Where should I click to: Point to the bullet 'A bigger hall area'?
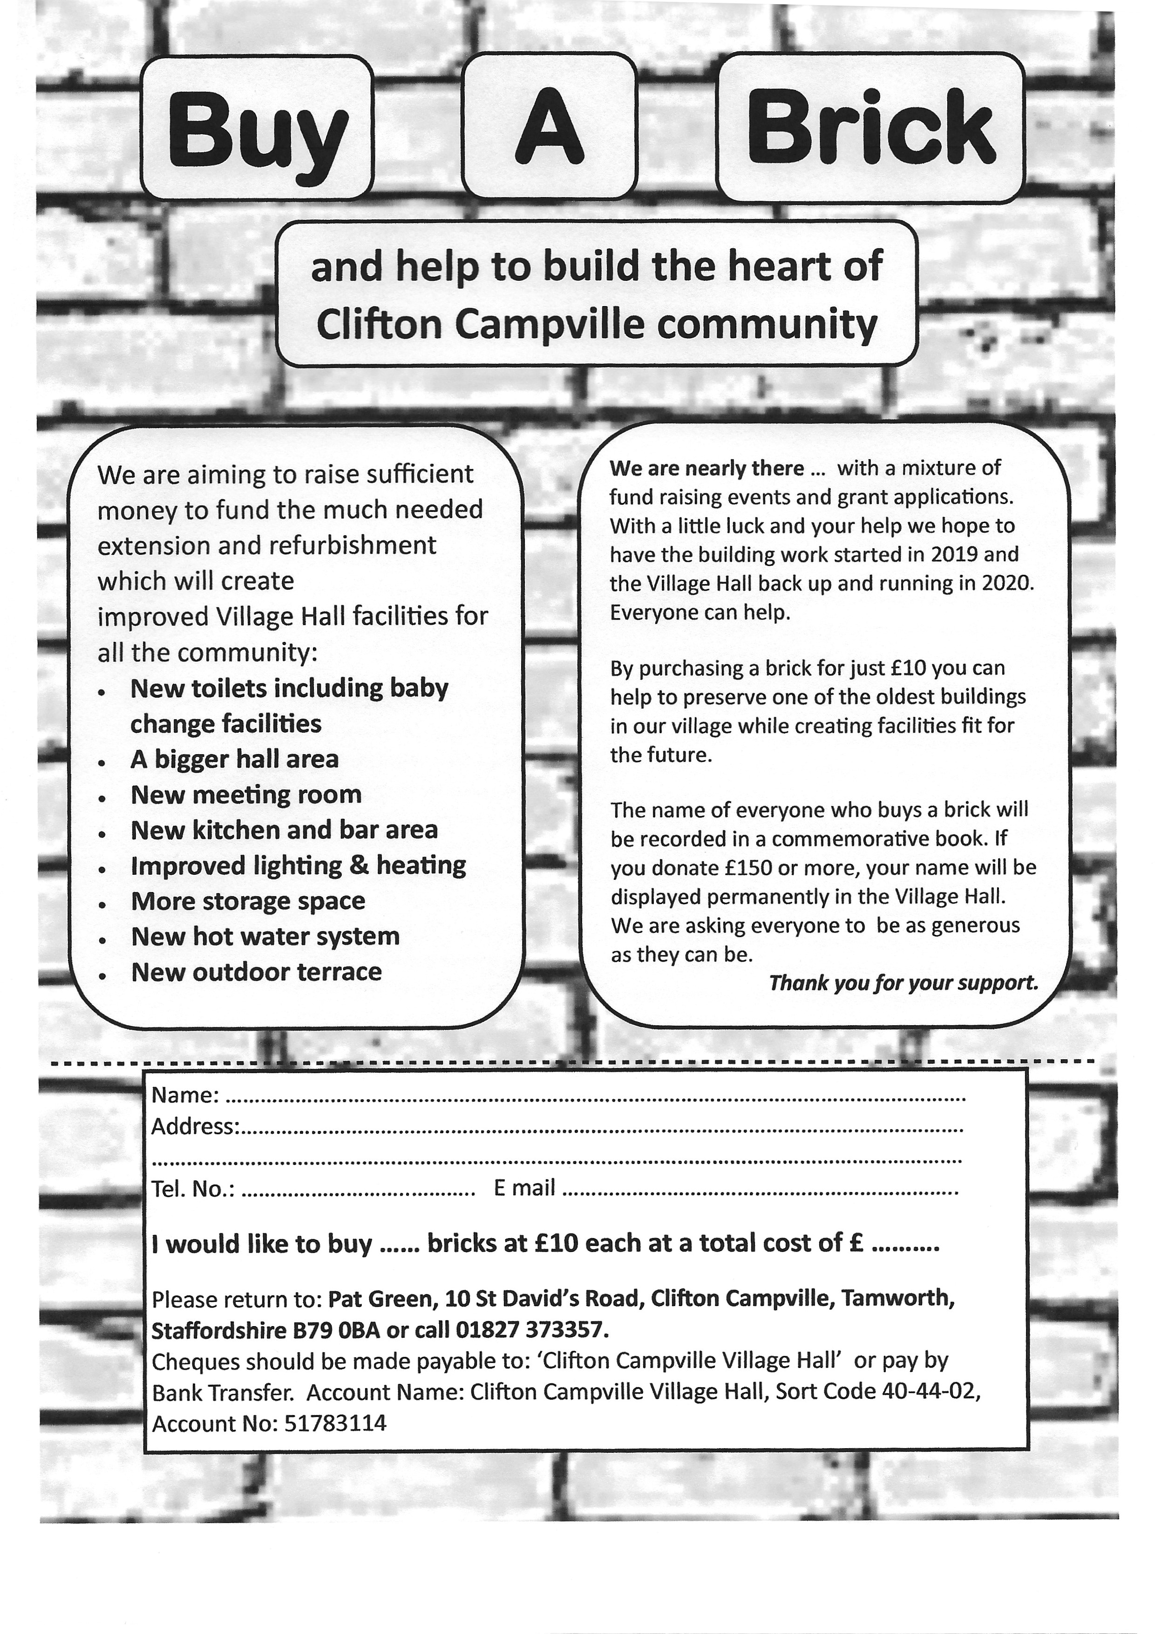pos(234,759)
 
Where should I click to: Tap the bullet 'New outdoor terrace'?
pos(256,972)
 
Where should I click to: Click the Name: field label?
pos(185,1095)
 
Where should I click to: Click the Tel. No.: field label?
pos(194,1189)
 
